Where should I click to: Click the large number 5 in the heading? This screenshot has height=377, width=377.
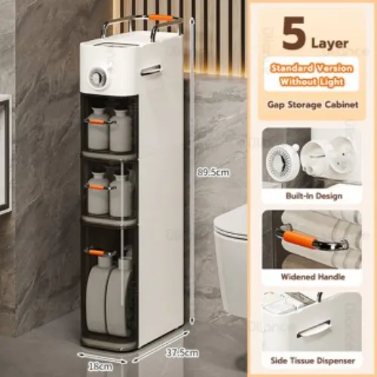293,33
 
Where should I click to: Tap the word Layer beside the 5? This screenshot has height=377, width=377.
329,44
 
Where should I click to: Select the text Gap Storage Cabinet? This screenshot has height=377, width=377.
313,105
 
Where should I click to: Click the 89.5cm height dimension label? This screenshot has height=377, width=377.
213,173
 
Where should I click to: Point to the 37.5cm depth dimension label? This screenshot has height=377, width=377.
182,353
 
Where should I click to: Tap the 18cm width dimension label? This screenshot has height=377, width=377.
100,366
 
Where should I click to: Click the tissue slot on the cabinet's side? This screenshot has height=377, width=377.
151,70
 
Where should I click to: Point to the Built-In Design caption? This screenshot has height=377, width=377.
314,196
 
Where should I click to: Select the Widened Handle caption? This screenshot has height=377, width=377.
313,277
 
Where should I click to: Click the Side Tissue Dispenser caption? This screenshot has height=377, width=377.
313,360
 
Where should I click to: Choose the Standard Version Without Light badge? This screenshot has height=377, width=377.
311,75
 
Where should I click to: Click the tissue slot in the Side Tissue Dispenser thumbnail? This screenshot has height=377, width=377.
314,329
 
